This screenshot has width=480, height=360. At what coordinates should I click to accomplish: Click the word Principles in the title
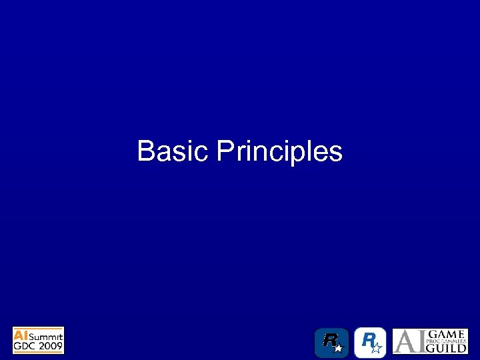tap(279, 152)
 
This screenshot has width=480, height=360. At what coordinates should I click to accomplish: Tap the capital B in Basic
tap(145, 151)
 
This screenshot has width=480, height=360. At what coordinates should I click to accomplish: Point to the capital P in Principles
tap(225, 151)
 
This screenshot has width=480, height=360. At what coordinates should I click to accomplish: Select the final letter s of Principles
tap(337, 154)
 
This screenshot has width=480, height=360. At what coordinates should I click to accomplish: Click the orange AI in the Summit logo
tap(21, 335)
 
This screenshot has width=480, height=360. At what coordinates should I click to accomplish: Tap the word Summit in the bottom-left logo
tap(45, 335)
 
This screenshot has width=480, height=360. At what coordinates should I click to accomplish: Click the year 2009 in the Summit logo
tap(51, 345)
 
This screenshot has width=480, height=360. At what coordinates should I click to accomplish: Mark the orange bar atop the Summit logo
tap(38, 328)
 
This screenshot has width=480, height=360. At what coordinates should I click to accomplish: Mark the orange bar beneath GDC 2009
tap(38, 352)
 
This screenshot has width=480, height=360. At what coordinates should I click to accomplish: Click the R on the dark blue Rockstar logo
tap(329, 341)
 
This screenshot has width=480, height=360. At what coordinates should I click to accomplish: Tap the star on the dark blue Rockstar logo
tap(339, 348)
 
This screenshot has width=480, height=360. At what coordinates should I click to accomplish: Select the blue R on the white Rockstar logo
tap(367, 341)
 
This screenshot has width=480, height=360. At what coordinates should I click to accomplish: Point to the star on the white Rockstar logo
tap(377, 347)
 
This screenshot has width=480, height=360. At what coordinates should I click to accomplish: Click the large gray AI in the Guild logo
tap(410, 341)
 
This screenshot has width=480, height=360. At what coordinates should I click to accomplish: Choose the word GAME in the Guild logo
tap(447, 333)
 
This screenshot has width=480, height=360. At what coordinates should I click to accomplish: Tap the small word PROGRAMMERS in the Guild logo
tap(447, 341)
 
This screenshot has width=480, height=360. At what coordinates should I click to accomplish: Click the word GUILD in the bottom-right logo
tap(447, 348)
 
